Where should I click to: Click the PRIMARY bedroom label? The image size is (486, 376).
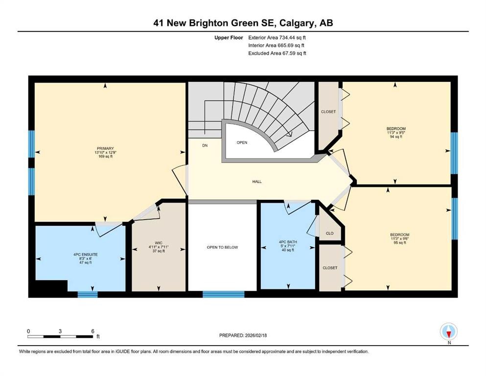click(105, 148)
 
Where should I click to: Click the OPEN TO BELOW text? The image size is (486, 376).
click(222, 247)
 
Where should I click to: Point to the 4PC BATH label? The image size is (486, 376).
click(286, 241)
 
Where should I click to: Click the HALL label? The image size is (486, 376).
click(257, 182)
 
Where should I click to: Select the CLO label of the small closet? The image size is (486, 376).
click(329, 233)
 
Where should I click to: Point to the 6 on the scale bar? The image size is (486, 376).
click(93, 331)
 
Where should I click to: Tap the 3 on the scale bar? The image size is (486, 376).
click(60, 331)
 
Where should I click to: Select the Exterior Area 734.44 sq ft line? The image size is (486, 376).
click(278, 37)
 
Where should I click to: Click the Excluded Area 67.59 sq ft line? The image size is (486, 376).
click(278, 53)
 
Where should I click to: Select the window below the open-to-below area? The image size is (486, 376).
click(223, 294)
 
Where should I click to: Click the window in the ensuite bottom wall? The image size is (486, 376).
click(88, 294)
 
